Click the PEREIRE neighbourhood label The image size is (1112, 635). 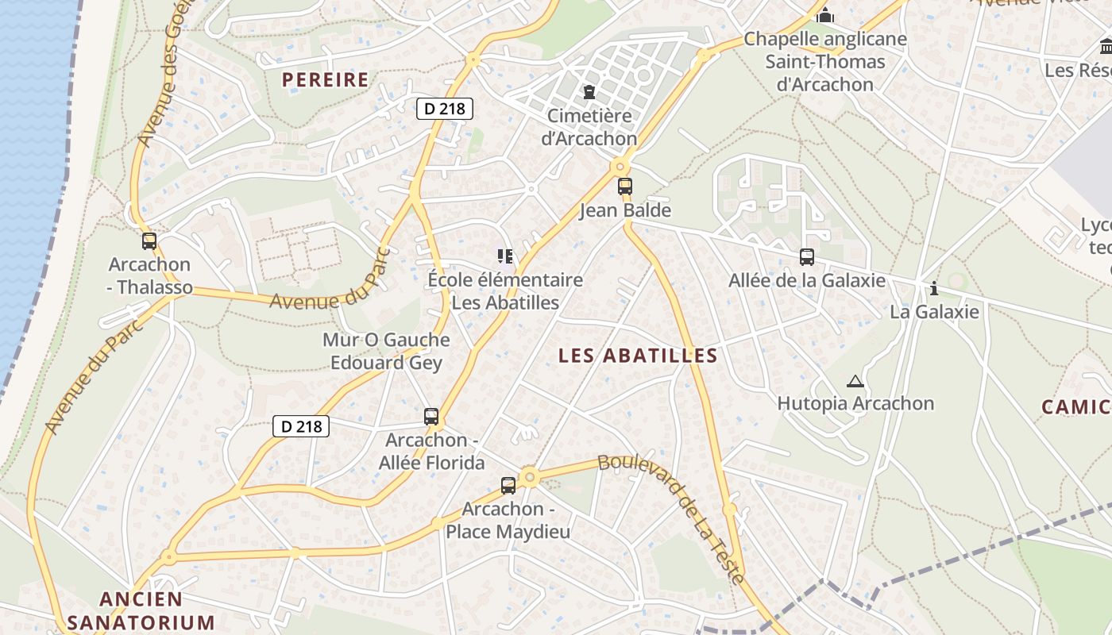[x=326, y=79]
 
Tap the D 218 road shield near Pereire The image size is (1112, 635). [x=445, y=109]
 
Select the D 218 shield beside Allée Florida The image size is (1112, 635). [x=301, y=426]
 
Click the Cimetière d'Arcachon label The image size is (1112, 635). [x=589, y=127]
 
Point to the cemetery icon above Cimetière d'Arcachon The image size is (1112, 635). [x=589, y=93]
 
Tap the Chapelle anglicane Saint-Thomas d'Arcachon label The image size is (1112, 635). [x=824, y=61]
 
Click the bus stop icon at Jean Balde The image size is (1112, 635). [x=625, y=187]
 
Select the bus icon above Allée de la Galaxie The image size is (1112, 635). [x=807, y=257]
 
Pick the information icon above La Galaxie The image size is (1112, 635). [x=934, y=287]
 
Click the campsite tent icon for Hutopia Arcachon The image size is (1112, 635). [x=855, y=381]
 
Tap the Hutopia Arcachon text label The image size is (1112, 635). [x=855, y=403]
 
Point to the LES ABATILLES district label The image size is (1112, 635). [x=638, y=356]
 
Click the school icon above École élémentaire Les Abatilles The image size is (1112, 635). [x=505, y=256]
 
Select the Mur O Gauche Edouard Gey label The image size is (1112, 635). [x=386, y=352]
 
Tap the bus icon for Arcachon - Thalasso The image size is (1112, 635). [x=149, y=241]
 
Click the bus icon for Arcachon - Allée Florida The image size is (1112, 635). [x=431, y=416]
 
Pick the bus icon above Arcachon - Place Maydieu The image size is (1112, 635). [x=508, y=486]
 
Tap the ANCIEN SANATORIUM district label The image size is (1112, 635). [x=141, y=610]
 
